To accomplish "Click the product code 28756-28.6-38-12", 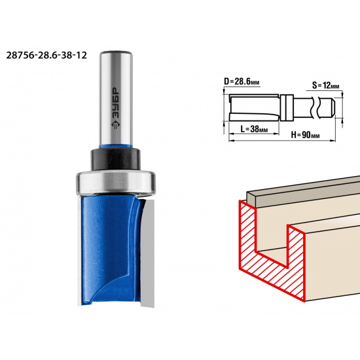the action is pyautogui.click(x=46, y=56).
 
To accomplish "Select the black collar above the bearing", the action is pyautogui.click(x=115, y=159).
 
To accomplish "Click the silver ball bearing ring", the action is pyautogui.click(x=116, y=183).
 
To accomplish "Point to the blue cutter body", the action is pyautogui.click(x=110, y=250).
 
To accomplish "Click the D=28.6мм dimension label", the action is pyautogui.click(x=242, y=82).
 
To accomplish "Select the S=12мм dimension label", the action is pyautogui.click(x=325, y=86).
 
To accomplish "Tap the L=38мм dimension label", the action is pyautogui.click(x=254, y=129).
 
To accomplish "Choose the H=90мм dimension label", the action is pyautogui.click(x=306, y=135).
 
